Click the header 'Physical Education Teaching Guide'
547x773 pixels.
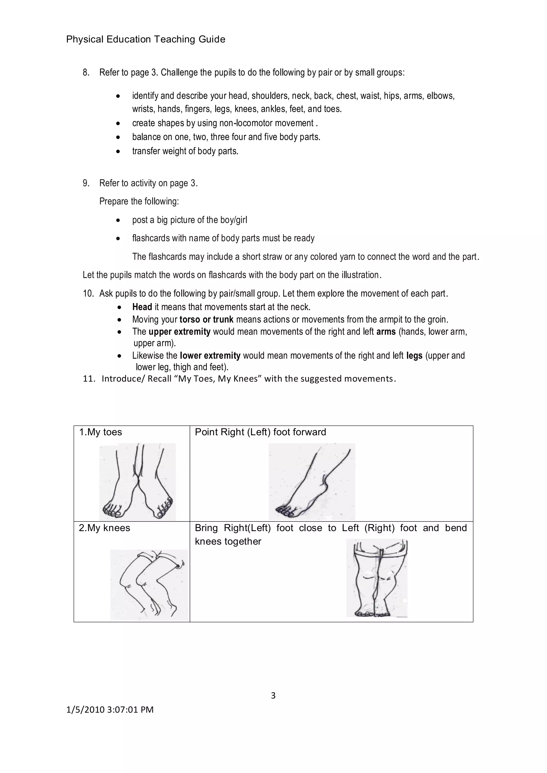pos(146,40)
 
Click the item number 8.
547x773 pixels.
pos(86,72)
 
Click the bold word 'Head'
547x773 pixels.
pos(142,307)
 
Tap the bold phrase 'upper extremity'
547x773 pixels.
pos(179,332)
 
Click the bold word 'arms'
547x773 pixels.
pos(386,332)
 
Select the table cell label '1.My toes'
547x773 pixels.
pos(100,432)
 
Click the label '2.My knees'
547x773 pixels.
pos(104,528)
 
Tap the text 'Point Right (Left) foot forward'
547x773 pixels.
pos(260,432)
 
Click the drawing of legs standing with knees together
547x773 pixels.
pos(377,578)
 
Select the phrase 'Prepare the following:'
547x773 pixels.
pos(139,201)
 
